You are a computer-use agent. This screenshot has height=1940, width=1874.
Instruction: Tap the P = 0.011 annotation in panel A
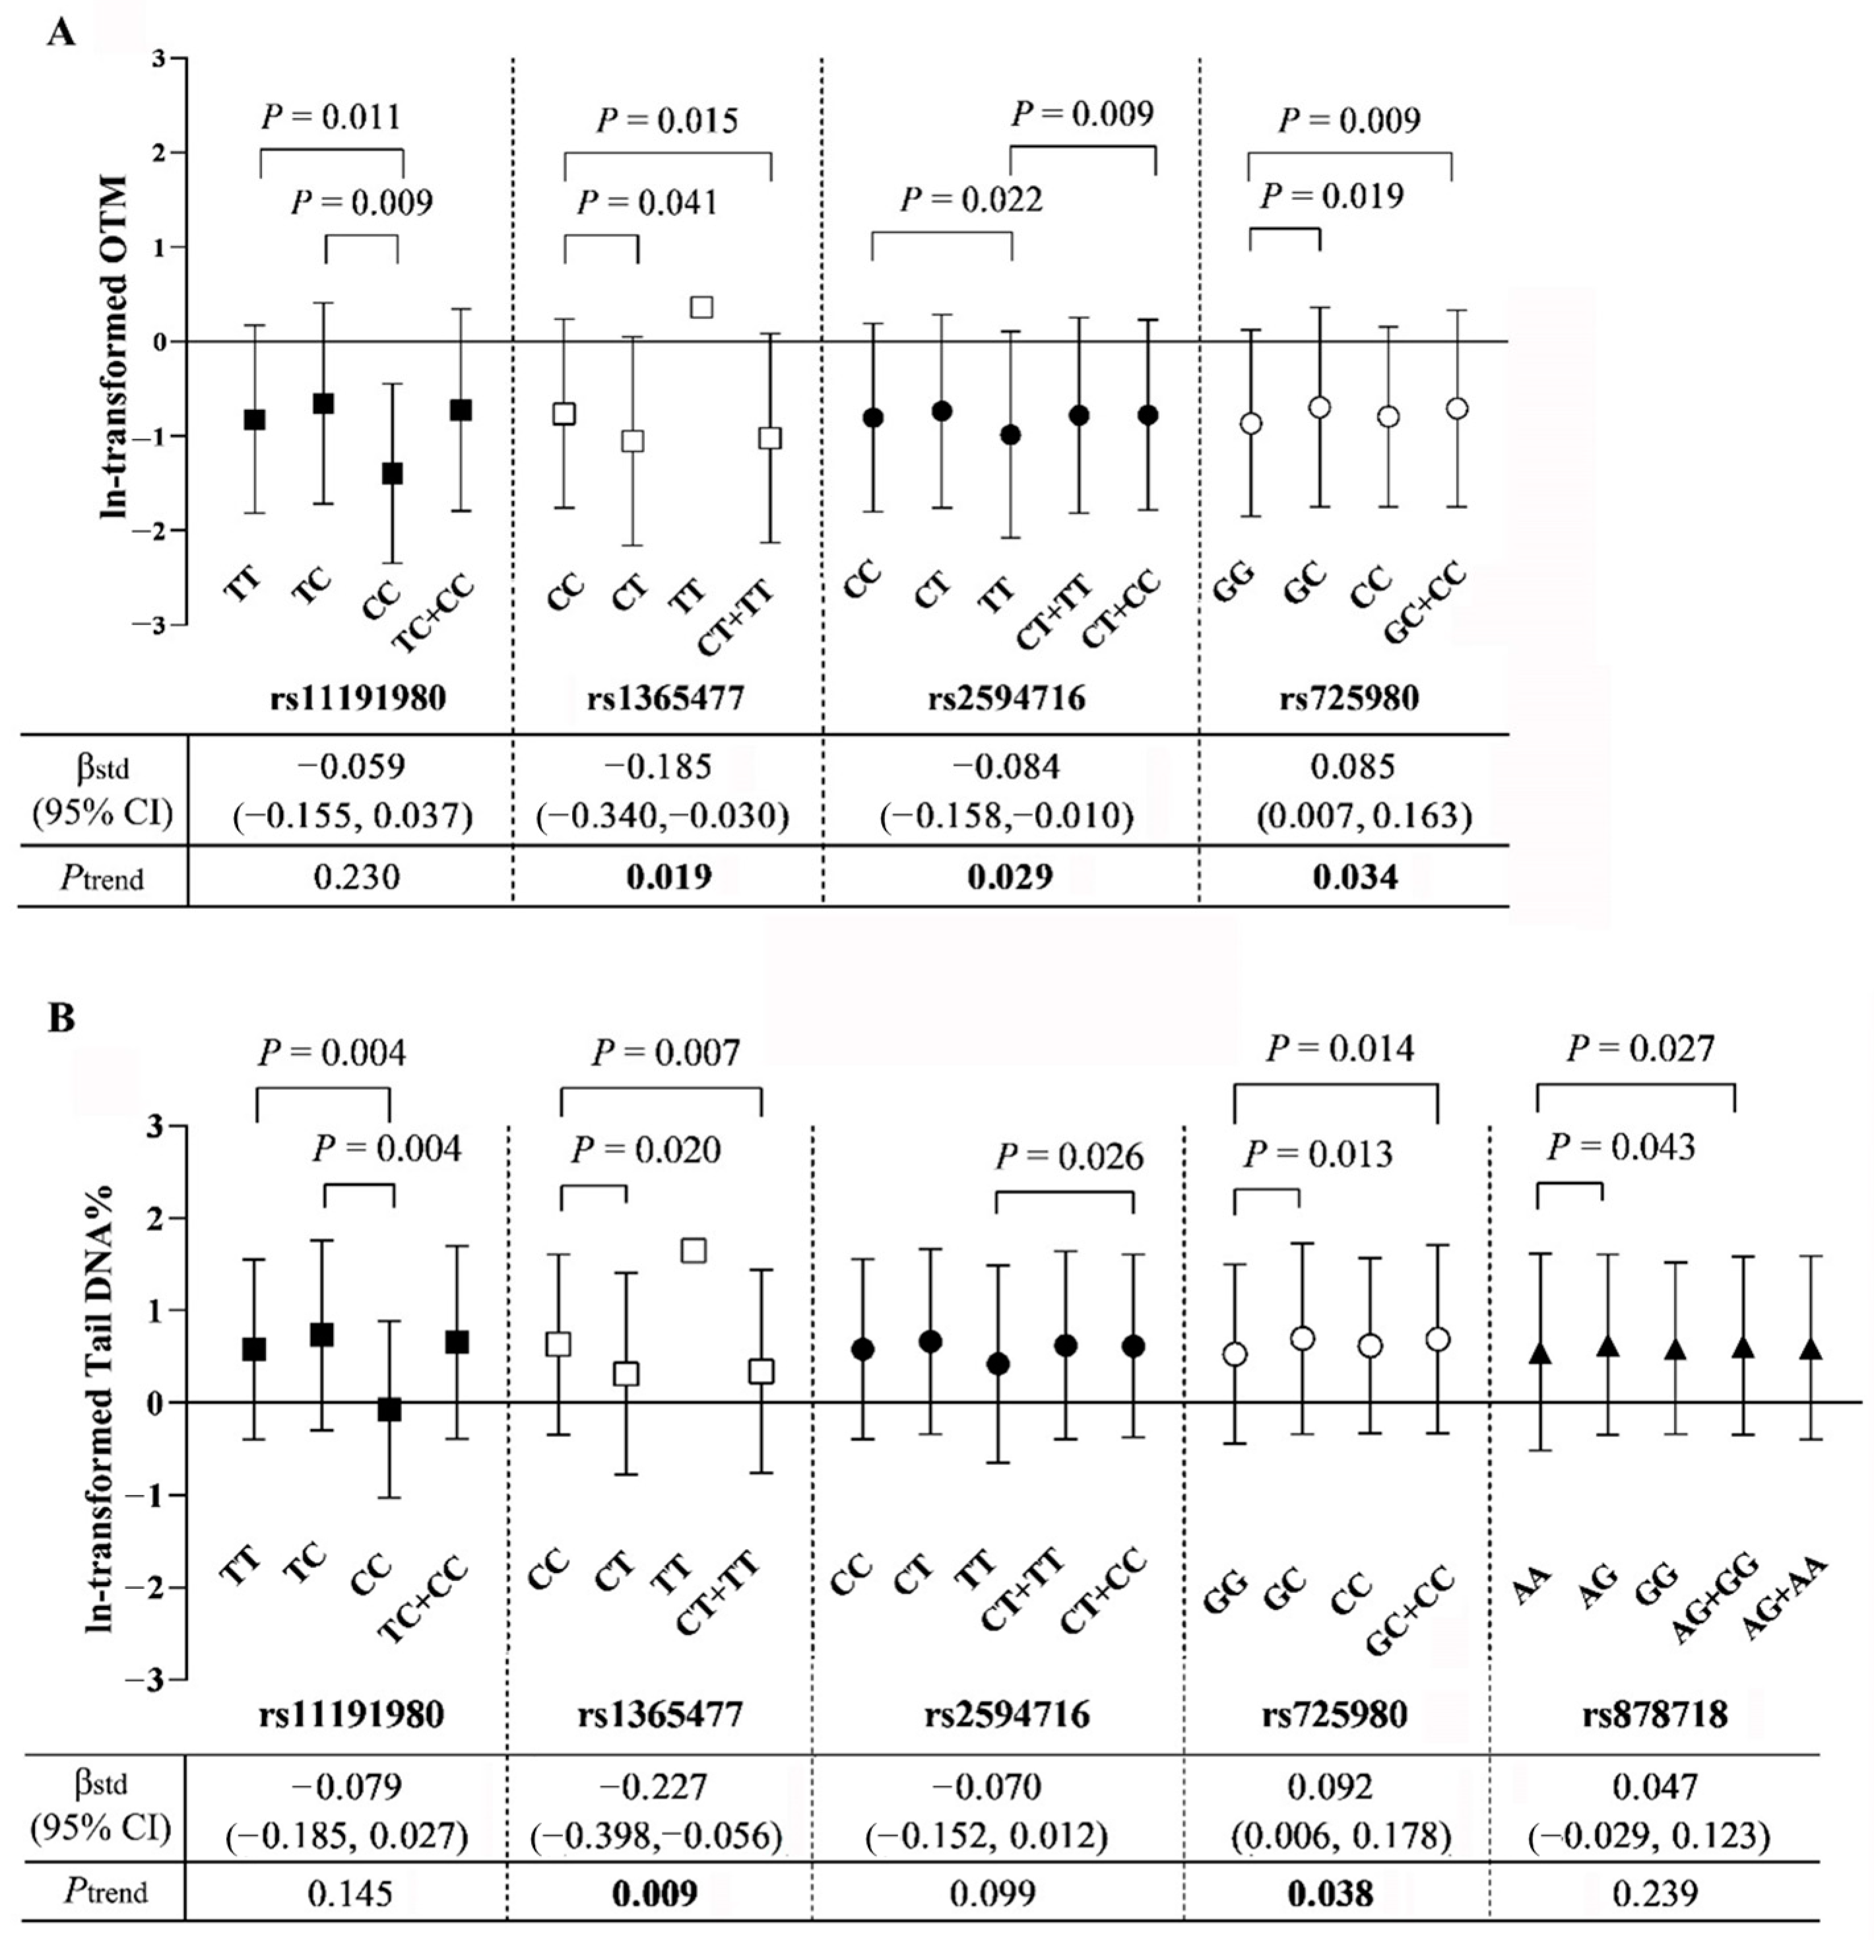pos(331,117)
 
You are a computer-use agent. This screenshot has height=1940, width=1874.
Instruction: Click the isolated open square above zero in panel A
pos(701,307)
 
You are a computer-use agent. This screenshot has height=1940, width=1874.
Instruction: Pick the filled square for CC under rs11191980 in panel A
pos(392,473)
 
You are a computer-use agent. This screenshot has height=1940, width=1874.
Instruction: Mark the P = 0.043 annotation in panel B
pos(1620,1147)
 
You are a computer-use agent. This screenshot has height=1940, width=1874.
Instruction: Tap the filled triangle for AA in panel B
pos(1539,1354)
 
